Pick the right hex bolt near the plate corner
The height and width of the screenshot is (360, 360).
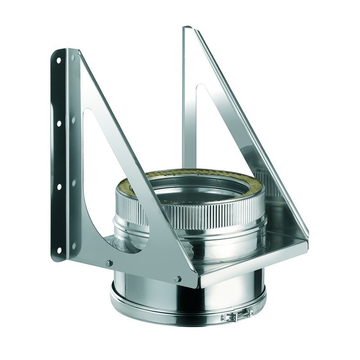(179, 279)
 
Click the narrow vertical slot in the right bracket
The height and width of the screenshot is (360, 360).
(197, 112)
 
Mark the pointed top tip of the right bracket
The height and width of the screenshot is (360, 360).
(185, 28)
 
